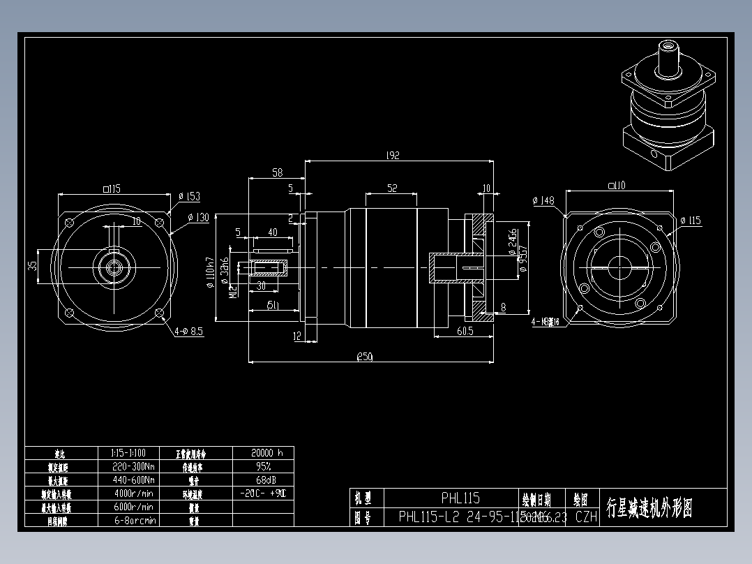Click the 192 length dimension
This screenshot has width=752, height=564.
tap(392, 156)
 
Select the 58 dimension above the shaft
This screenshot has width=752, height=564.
tap(277, 172)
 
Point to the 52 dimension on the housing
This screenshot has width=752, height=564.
tap(392, 188)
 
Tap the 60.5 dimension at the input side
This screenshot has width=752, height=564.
tap(465, 331)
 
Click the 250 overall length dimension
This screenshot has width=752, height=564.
tap(364, 357)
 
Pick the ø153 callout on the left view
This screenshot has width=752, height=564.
tap(189, 196)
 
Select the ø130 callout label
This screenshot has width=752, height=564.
tap(198, 218)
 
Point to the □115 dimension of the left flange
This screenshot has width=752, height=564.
tap(112, 188)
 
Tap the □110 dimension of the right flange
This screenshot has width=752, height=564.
tap(616, 185)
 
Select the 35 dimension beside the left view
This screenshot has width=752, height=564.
tap(32, 267)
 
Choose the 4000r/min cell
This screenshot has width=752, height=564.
tap(133, 493)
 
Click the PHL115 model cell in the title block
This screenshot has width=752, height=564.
tap(460, 498)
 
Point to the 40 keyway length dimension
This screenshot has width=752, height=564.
tap(272, 232)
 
